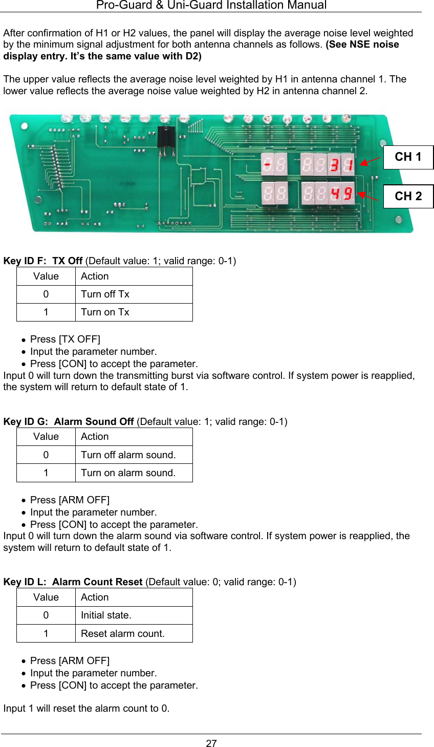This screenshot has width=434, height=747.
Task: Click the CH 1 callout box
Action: point(408,157)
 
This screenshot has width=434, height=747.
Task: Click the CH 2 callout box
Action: point(408,196)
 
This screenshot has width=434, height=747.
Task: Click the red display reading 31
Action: point(341,165)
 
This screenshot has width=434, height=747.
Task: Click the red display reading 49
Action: point(341,194)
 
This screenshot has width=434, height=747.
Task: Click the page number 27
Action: point(211,743)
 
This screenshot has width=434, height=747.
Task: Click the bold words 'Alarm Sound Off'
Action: point(94,422)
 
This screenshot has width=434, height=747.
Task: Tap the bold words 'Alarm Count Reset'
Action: point(97,582)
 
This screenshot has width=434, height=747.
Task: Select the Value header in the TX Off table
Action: point(46,276)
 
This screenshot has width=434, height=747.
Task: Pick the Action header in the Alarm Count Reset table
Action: point(95,597)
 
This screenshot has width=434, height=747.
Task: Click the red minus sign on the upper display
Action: point(268,165)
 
